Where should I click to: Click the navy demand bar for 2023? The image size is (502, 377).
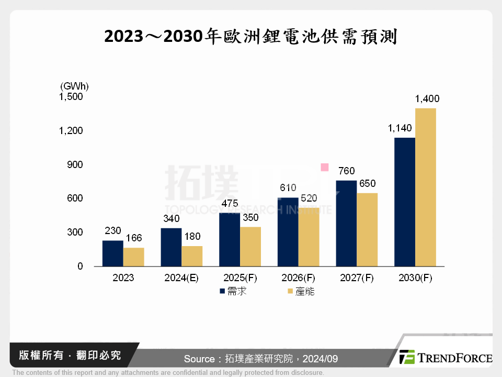[x=112, y=253]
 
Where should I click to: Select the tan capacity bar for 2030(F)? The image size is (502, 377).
[x=426, y=187]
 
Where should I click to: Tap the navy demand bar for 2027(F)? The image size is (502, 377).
[x=346, y=224]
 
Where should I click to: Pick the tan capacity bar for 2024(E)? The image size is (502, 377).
[x=192, y=256]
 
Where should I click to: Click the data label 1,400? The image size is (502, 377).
[x=427, y=98]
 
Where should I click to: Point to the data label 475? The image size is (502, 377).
[x=230, y=203]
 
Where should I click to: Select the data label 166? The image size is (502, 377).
[x=133, y=238]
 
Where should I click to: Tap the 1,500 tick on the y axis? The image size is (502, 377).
[x=71, y=96]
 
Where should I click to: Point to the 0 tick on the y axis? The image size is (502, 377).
[x=80, y=266]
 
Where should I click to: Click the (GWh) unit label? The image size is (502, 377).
[x=75, y=85]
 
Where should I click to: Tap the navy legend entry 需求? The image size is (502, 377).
[x=233, y=292]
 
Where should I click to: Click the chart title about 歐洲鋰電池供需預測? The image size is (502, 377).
[x=250, y=37]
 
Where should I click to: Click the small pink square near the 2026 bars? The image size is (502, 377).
[x=324, y=167]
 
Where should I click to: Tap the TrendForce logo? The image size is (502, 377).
[x=446, y=358]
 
